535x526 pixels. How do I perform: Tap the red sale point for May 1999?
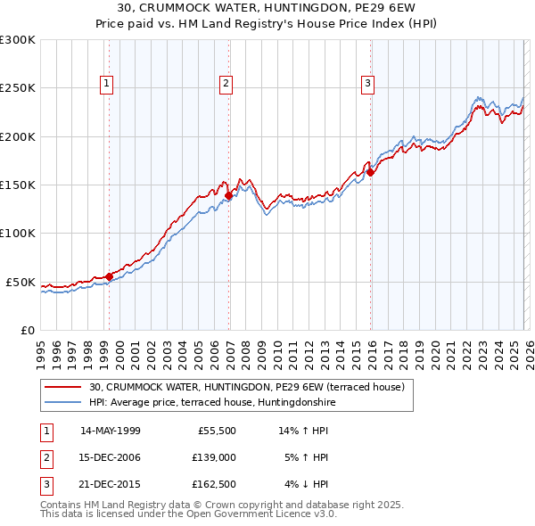(x=109, y=276)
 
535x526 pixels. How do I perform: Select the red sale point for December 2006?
(x=228, y=195)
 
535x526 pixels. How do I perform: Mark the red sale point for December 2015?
(x=370, y=173)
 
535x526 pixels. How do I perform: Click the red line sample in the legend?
(x=63, y=388)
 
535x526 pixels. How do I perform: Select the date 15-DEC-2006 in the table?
(x=110, y=457)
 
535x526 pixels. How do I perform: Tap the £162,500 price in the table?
(x=214, y=484)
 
